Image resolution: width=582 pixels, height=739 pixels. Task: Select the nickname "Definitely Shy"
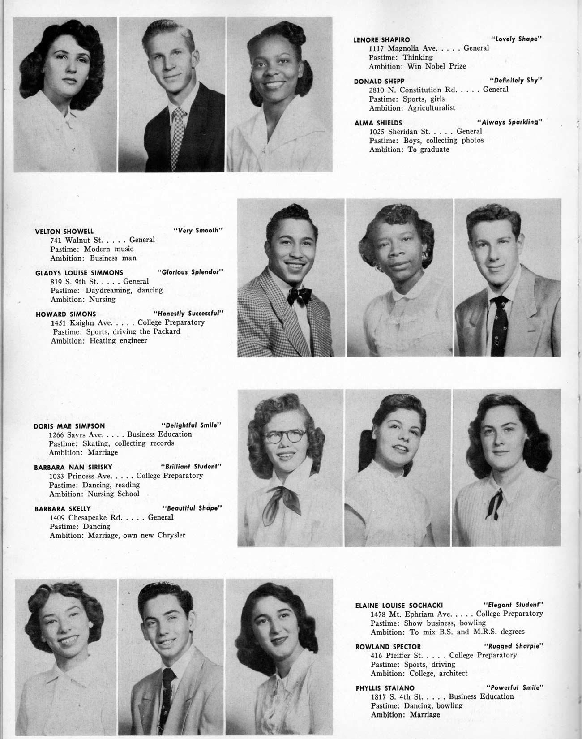click(x=516, y=81)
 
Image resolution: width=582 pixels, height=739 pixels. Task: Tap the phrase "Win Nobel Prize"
click(x=436, y=66)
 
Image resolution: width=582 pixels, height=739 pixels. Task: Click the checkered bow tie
click(x=300, y=296)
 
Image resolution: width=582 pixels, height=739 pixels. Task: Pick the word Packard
click(x=166, y=331)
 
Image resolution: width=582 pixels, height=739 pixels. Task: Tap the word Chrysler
click(x=171, y=535)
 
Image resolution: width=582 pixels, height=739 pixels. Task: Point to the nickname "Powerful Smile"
click(x=515, y=687)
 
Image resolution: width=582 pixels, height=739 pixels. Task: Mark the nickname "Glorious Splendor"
click(x=190, y=272)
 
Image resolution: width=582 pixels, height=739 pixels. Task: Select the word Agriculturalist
click(x=431, y=108)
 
